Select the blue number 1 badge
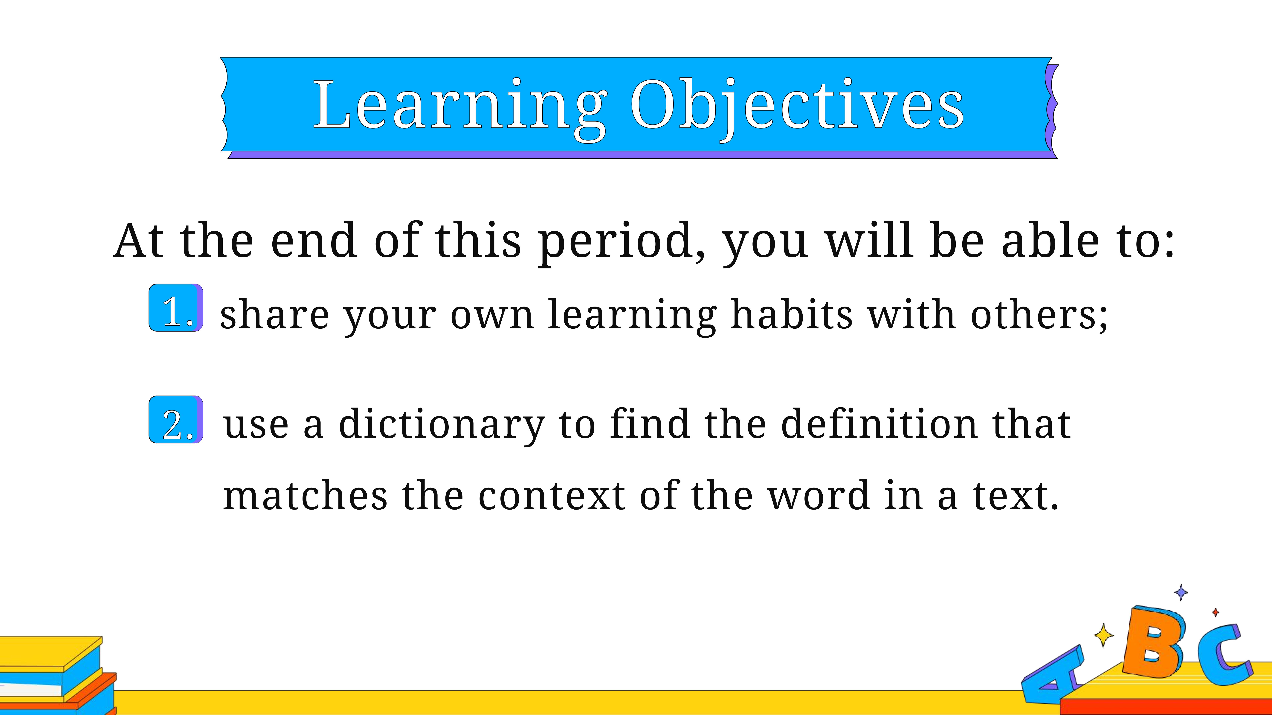point(176,307)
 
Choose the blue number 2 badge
point(176,419)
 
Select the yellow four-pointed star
point(1103,636)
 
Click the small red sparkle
point(1216,612)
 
